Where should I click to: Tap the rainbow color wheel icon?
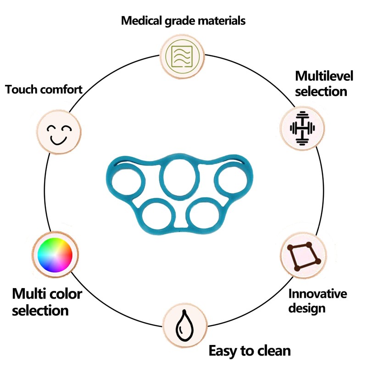pos(55,255)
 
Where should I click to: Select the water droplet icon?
pos(185,326)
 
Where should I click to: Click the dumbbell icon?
pos(302,128)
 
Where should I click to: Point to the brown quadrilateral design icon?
pos(304,256)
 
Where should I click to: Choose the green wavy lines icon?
pos(182,56)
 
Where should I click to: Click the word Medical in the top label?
pos(142,21)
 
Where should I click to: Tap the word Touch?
pos(21,89)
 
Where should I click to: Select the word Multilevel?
pos(324,76)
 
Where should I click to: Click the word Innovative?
pos(317,294)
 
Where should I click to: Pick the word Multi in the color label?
pos(28,294)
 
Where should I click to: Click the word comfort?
pos(61,89)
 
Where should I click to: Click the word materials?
pos(222,21)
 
